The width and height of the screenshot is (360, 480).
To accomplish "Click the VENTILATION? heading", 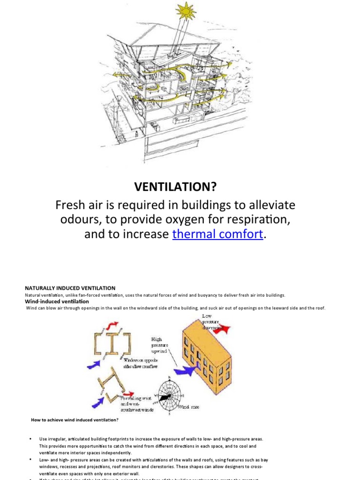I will point(176,187).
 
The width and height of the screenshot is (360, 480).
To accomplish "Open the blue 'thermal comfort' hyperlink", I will point(217,234).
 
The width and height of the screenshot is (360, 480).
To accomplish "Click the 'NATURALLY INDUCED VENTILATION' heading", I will point(70,288).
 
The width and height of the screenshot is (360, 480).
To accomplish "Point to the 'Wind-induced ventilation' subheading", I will point(57,301).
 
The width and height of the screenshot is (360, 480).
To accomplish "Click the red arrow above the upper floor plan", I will point(112,324).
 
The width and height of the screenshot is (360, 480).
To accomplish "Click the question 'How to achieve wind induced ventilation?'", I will point(75,420).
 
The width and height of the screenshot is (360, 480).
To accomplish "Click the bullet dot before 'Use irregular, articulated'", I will point(30,439).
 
